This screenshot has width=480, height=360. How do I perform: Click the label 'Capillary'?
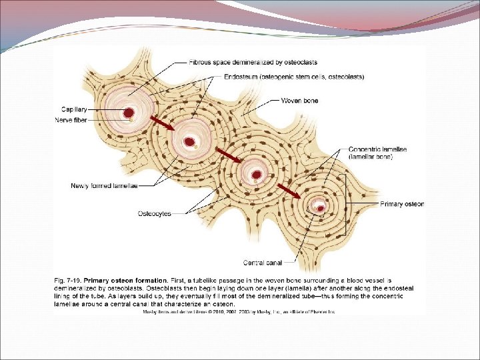click(x=74, y=109)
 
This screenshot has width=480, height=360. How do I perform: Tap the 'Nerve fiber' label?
click(x=73, y=121)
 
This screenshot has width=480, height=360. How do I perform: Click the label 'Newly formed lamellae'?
click(x=104, y=185)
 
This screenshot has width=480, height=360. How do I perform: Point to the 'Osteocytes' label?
click(x=155, y=213)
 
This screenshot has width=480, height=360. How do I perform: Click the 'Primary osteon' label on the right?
click(x=402, y=203)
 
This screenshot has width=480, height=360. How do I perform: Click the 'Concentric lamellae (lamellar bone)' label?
click(x=377, y=152)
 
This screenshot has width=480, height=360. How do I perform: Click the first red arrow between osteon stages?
click(x=163, y=123)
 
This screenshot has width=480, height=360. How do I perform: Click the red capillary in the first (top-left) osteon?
click(x=128, y=113)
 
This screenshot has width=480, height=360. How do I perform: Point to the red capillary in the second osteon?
click(x=191, y=141)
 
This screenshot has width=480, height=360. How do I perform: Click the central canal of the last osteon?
click(x=319, y=207)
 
